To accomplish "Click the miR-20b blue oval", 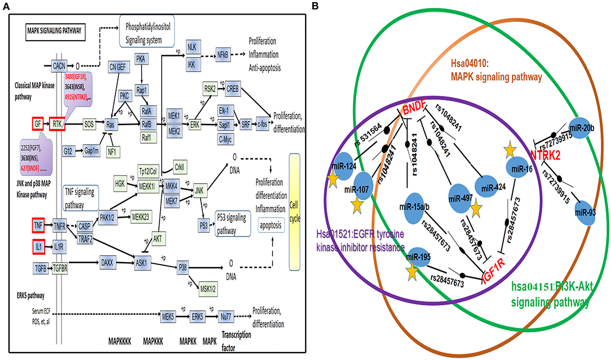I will [584, 127].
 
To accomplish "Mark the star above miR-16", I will [510, 149].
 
